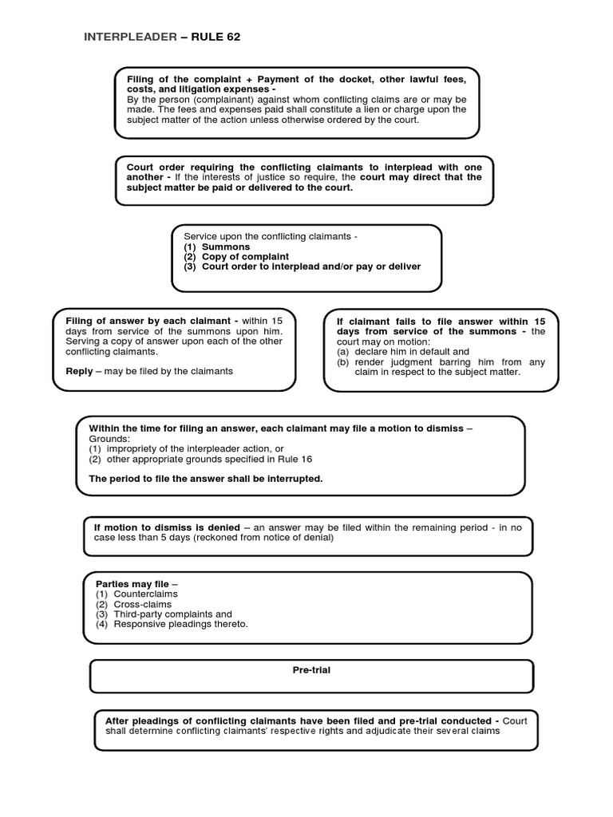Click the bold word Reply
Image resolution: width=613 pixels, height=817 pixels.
pyautogui.click(x=79, y=371)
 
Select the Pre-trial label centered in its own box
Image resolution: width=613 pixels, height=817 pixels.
pyautogui.click(x=311, y=670)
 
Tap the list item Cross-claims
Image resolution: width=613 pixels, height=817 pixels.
pyautogui.click(x=142, y=604)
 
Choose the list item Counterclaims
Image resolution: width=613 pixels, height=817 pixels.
pyautogui.click(x=145, y=594)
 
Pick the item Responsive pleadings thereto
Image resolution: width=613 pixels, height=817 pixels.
pyautogui.click(x=180, y=624)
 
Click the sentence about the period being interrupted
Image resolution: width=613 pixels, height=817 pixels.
pyautogui.click(x=205, y=479)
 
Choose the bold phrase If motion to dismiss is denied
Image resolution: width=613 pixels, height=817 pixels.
pyautogui.click(x=167, y=527)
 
